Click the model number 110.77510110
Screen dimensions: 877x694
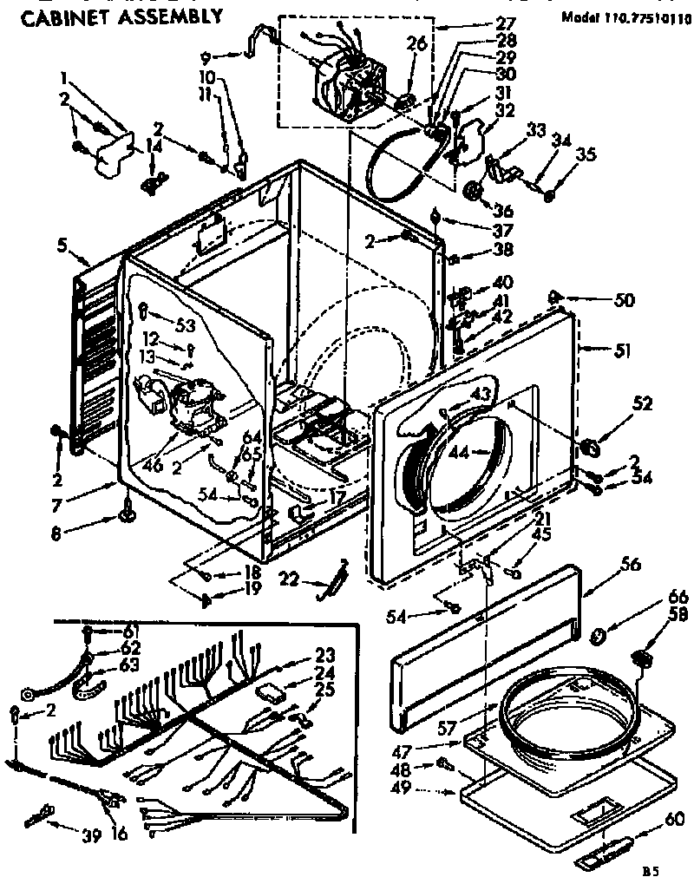(x=626, y=16)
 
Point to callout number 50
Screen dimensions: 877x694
(x=625, y=301)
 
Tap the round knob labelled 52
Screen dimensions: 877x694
(x=591, y=446)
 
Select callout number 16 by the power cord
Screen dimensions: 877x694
(x=119, y=834)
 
